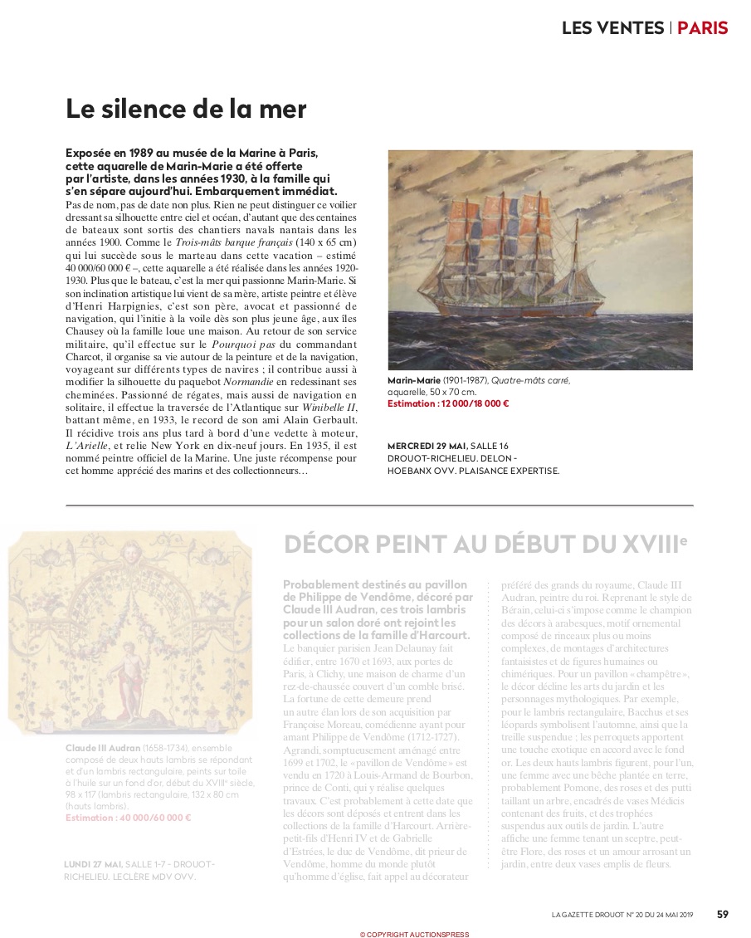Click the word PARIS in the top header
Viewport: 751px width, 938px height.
click(x=702, y=27)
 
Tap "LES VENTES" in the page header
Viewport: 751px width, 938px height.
click(x=613, y=27)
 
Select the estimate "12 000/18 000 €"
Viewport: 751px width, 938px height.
click(x=448, y=404)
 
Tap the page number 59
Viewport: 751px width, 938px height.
click(x=722, y=914)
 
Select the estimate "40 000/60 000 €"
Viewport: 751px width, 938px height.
click(x=129, y=818)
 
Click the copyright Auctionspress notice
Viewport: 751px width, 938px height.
click(x=414, y=934)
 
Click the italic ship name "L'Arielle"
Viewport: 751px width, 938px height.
click(x=89, y=447)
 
